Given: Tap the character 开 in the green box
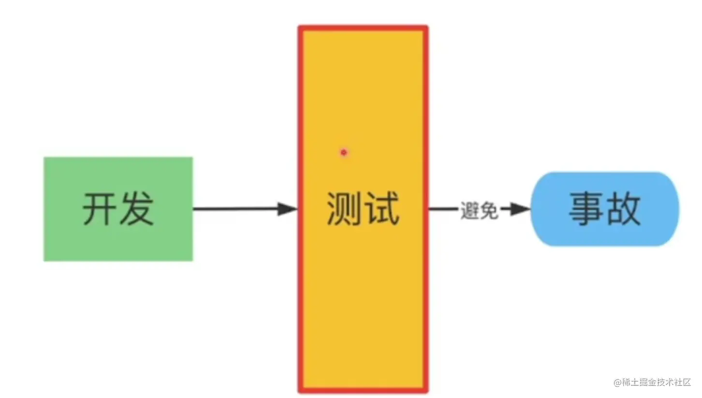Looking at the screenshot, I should pos(100,209).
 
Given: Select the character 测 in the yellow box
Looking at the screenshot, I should pos(345,209).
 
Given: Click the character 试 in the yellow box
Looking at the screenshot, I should pos(381,209).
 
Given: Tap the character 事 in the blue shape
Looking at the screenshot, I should pos(586,209).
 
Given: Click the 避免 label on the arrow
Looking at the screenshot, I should pos(479,210).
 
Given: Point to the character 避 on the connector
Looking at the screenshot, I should pos(469,210).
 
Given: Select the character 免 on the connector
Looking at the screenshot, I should pos(489,210).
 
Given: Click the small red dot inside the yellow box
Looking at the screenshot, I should pos(344,153).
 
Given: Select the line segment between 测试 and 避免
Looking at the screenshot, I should pos(442,209).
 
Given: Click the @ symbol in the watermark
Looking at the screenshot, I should pos(617,383).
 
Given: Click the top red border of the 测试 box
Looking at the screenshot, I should pos(363,28).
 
